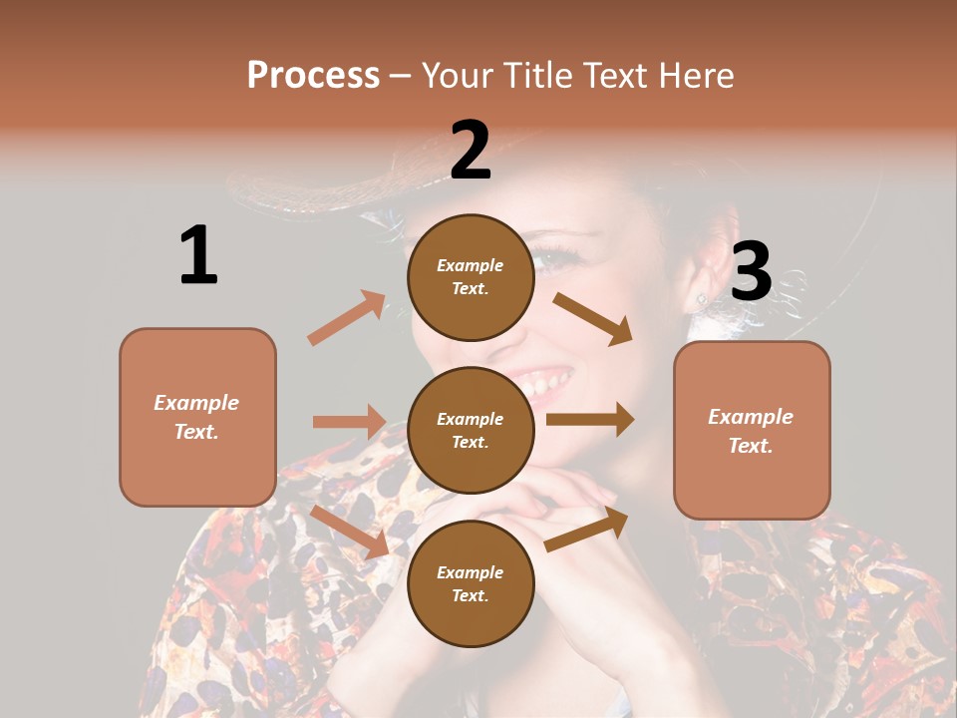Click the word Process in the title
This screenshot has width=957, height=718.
pyautogui.click(x=313, y=76)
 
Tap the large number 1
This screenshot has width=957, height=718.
pyautogui.click(x=198, y=255)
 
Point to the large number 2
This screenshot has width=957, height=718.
pyautogui.click(x=471, y=151)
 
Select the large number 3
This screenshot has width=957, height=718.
pyautogui.click(x=751, y=271)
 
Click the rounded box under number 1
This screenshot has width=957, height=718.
pyautogui.click(x=197, y=417)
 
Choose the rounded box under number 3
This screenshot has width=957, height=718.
pyautogui.click(x=752, y=430)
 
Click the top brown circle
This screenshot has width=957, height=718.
pyautogui.click(x=471, y=277)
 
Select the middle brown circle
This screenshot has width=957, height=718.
pyautogui.click(x=471, y=430)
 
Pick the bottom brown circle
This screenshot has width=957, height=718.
pyautogui.click(x=471, y=583)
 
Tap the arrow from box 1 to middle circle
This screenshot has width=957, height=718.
pyautogui.click(x=349, y=422)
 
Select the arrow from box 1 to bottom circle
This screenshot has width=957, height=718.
pyautogui.click(x=349, y=532)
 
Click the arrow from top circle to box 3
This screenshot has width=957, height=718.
pyautogui.click(x=593, y=318)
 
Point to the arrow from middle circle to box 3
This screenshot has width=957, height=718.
pyautogui.click(x=590, y=419)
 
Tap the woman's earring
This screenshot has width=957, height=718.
pyautogui.click(x=702, y=298)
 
